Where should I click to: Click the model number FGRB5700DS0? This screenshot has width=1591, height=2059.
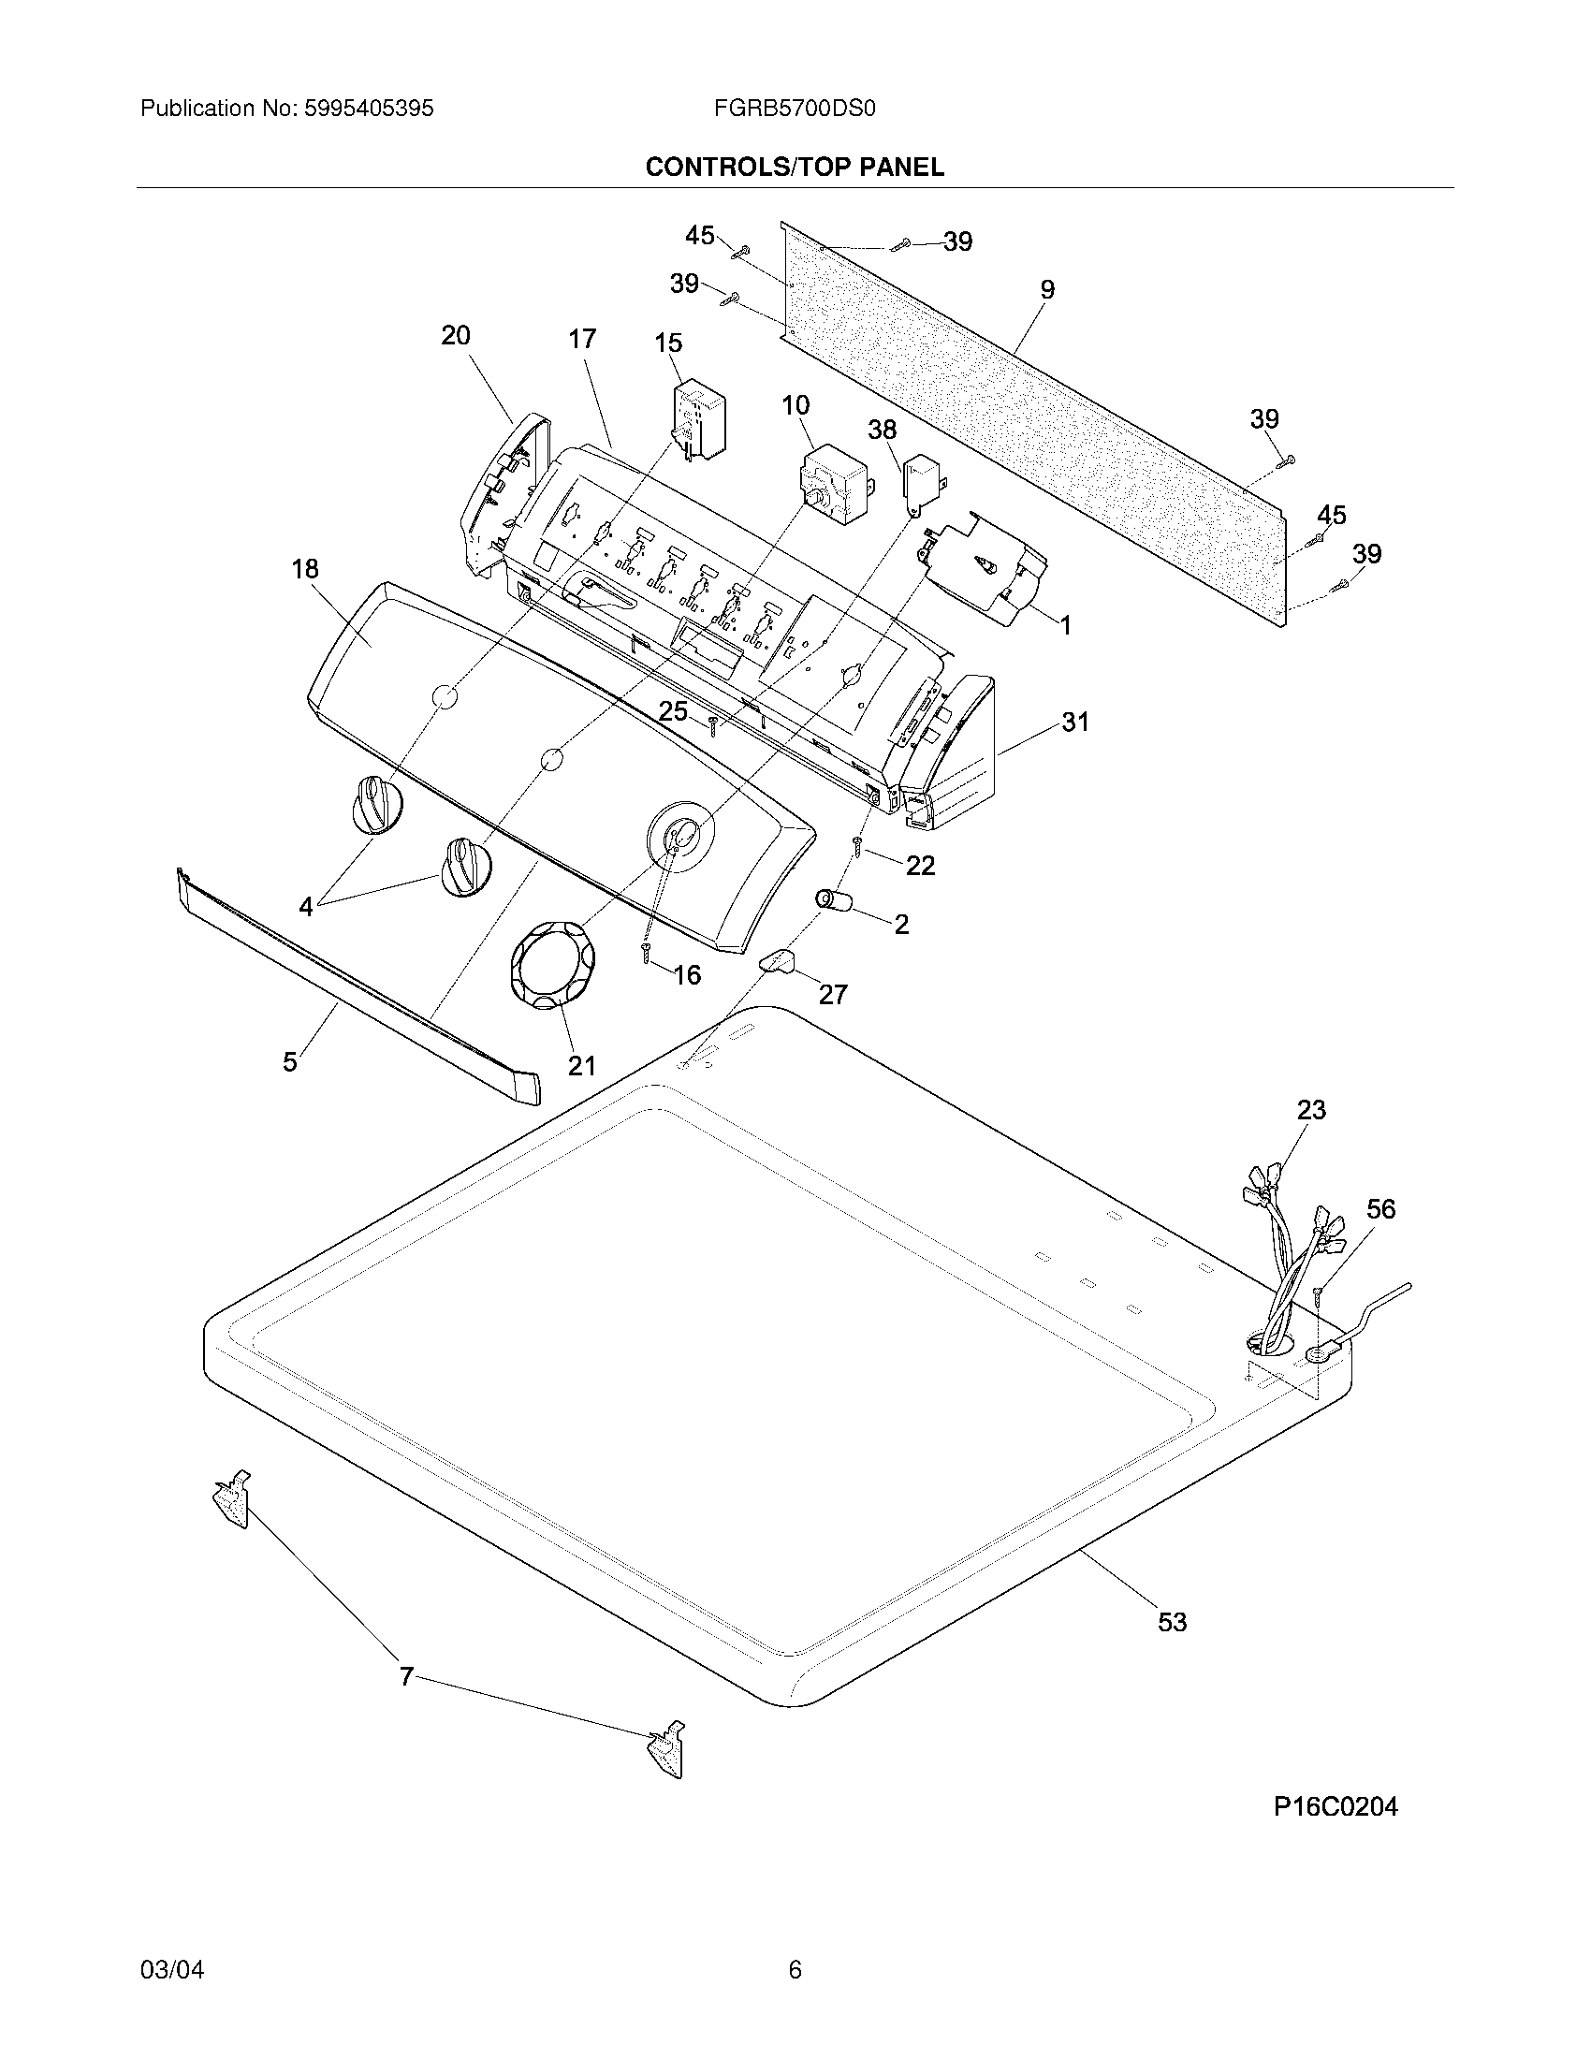(x=795, y=109)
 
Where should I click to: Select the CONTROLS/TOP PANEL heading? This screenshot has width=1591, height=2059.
(x=794, y=168)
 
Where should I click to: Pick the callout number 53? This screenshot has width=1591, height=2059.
(x=1172, y=1623)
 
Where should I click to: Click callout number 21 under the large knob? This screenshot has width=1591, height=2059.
(x=581, y=1065)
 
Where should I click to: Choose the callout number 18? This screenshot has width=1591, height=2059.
(x=304, y=568)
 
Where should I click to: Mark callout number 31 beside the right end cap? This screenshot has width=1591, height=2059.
(x=1074, y=723)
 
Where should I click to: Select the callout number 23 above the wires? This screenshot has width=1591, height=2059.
(x=1311, y=1110)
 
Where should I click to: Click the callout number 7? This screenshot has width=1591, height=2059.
(x=406, y=1676)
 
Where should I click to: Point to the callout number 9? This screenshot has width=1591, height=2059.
(x=1047, y=290)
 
